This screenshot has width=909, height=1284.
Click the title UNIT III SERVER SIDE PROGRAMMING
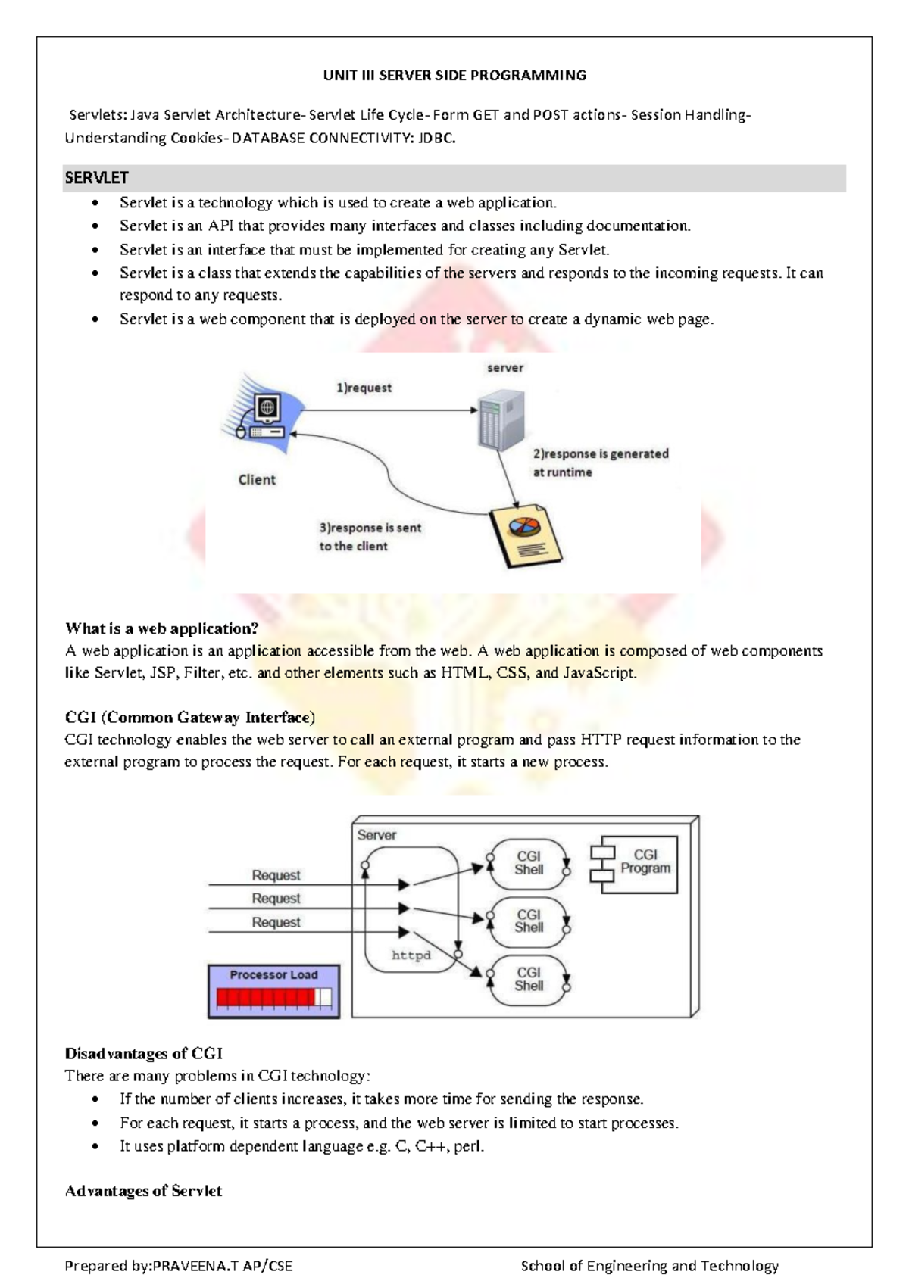tap(454, 75)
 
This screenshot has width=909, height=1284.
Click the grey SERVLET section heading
tap(97, 178)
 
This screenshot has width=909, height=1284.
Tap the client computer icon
tap(265, 416)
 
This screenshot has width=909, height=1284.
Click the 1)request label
tap(364, 388)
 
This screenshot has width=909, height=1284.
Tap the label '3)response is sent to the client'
tap(369, 537)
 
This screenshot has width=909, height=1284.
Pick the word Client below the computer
tap(257, 479)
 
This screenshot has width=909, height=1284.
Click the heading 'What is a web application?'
tap(162, 628)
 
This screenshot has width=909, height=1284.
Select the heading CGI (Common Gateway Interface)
tap(190, 717)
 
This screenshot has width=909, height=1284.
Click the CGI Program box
tap(639, 864)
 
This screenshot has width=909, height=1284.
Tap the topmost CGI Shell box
tap(528, 863)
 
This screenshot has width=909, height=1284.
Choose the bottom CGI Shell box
tap(529, 979)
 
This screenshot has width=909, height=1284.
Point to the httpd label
tap(411, 955)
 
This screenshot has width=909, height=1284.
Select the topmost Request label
tap(276, 875)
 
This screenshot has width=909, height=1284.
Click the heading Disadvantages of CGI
tap(144, 1053)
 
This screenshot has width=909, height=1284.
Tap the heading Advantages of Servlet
tap(144, 1191)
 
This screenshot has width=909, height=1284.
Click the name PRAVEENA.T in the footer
tap(196, 1265)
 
